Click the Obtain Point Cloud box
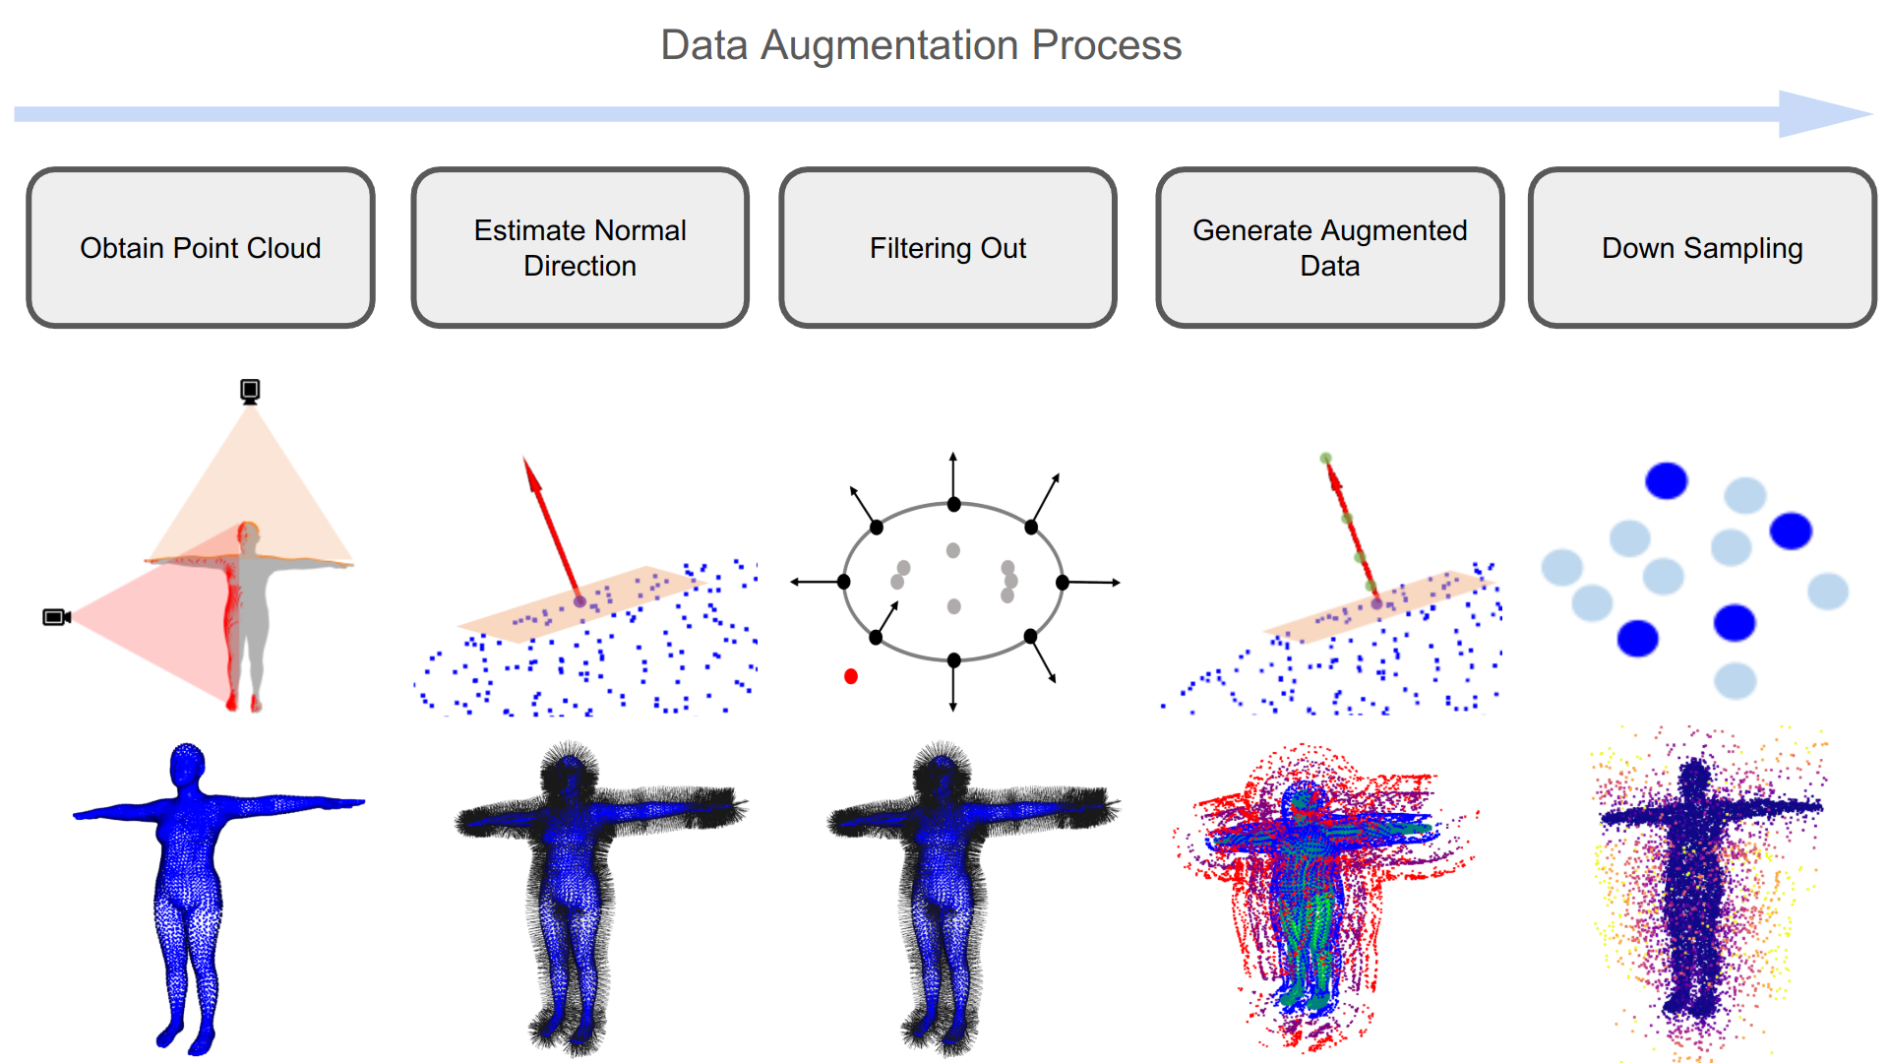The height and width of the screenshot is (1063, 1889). (x=201, y=248)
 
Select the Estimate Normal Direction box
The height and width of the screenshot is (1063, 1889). (x=579, y=248)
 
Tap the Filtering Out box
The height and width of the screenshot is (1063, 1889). (x=947, y=248)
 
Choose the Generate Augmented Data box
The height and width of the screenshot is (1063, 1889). (x=1329, y=248)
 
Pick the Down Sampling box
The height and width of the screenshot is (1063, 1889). (x=1702, y=248)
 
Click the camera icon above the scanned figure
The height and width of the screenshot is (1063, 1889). (x=250, y=391)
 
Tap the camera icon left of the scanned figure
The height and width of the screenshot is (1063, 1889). (x=56, y=617)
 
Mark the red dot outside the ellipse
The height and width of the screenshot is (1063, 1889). (x=851, y=676)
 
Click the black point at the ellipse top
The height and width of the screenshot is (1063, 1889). (x=953, y=505)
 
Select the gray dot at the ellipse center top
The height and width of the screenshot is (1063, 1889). (x=952, y=550)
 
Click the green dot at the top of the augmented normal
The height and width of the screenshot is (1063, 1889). (x=1325, y=459)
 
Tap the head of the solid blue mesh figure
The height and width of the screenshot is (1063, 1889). (x=187, y=764)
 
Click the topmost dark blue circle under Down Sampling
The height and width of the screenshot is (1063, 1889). (x=1666, y=481)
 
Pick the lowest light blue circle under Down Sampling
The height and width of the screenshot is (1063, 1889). (x=1735, y=680)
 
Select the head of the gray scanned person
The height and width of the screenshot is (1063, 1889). (x=248, y=533)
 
